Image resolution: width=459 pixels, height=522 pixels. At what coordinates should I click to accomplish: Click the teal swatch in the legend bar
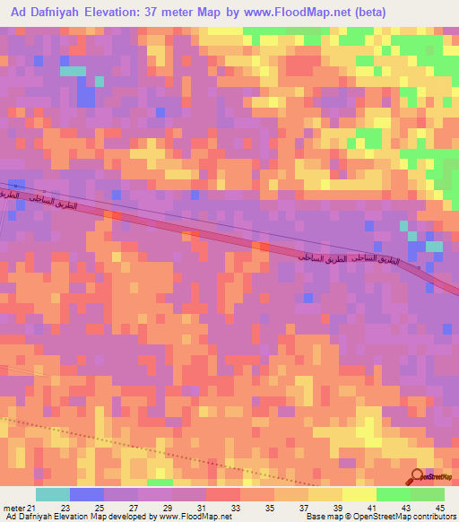point(53,494)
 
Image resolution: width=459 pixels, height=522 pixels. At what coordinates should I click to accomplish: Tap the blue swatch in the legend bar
point(87,494)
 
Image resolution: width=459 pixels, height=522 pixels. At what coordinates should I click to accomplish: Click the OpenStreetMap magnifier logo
point(417,476)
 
